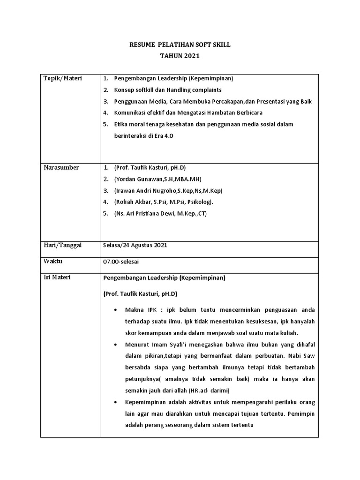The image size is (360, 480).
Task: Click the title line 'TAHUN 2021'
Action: click(x=180, y=56)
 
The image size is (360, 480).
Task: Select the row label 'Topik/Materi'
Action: click(x=63, y=78)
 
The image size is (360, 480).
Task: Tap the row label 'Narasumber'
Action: click(x=61, y=168)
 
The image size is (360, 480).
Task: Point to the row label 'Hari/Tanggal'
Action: click(x=63, y=245)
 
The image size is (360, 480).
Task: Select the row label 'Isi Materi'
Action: click(x=57, y=277)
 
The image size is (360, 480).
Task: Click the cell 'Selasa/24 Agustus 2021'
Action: click(x=135, y=245)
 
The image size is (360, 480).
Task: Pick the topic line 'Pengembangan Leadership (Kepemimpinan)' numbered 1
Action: click(x=173, y=78)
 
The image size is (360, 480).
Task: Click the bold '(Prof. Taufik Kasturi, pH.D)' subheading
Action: click(x=140, y=294)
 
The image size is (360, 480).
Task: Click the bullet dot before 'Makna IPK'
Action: click(x=116, y=310)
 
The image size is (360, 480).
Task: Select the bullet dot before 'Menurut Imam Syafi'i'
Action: click(x=116, y=345)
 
